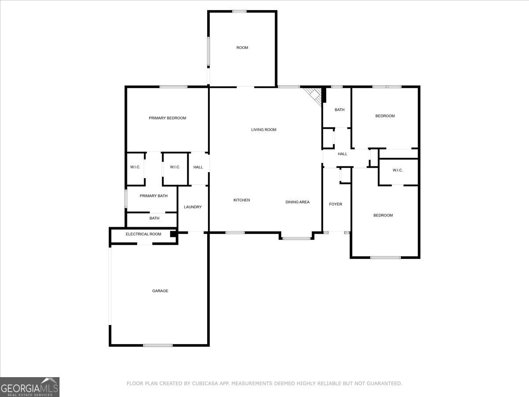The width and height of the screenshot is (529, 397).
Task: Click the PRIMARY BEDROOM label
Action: [x=167, y=118]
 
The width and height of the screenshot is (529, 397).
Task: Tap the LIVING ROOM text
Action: [x=264, y=130]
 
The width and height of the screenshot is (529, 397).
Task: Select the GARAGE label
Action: [x=160, y=291]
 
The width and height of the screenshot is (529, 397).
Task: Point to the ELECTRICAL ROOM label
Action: [x=143, y=234]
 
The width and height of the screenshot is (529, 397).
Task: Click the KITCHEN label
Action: [x=242, y=200]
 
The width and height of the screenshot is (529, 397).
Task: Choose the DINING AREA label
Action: [x=298, y=202]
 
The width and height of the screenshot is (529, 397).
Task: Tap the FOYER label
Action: [x=335, y=204]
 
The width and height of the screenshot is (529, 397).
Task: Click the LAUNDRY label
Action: [x=193, y=207]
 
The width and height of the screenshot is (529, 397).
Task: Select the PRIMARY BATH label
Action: [x=153, y=196]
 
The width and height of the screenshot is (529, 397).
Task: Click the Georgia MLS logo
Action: [x=30, y=387]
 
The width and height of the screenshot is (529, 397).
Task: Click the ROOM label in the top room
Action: [x=242, y=48]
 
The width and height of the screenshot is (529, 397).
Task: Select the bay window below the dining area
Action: [x=296, y=239]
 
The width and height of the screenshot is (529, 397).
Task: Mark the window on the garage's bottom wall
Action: [x=158, y=345]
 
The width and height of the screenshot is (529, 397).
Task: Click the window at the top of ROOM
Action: [x=239, y=11]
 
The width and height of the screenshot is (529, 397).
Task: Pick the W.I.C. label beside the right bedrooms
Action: [x=398, y=170]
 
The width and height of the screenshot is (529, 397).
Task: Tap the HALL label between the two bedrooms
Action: [x=343, y=154]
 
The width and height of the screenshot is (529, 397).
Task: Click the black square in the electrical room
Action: [x=173, y=234]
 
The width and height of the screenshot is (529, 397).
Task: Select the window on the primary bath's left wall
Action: [x=126, y=198]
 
